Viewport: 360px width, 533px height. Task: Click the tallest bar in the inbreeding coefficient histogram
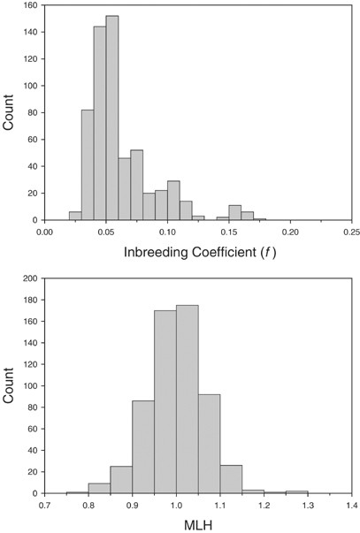click(112, 118)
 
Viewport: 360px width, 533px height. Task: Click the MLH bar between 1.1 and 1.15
click(230, 479)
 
